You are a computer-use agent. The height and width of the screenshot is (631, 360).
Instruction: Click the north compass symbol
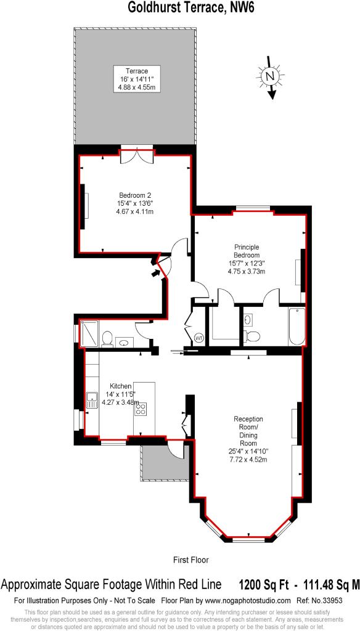point(271,76)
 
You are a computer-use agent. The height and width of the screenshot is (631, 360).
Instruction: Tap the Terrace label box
point(137,78)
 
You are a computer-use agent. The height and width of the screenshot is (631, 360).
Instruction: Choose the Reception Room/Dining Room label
point(248,439)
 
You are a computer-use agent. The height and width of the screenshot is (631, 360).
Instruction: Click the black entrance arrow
point(155,273)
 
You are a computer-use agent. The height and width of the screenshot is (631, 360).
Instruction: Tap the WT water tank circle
point(199,338)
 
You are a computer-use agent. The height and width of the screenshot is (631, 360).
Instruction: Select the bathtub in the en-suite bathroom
point(297,326)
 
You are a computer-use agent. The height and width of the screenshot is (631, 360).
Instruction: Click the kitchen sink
point(92,400)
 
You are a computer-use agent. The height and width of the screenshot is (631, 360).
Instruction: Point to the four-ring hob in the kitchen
point(141,409)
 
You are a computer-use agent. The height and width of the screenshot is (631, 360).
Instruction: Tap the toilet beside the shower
point(107,338)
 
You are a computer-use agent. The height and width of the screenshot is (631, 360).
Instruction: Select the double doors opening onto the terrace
point(137,156)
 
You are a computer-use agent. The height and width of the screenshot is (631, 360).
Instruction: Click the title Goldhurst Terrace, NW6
point(180,7)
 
